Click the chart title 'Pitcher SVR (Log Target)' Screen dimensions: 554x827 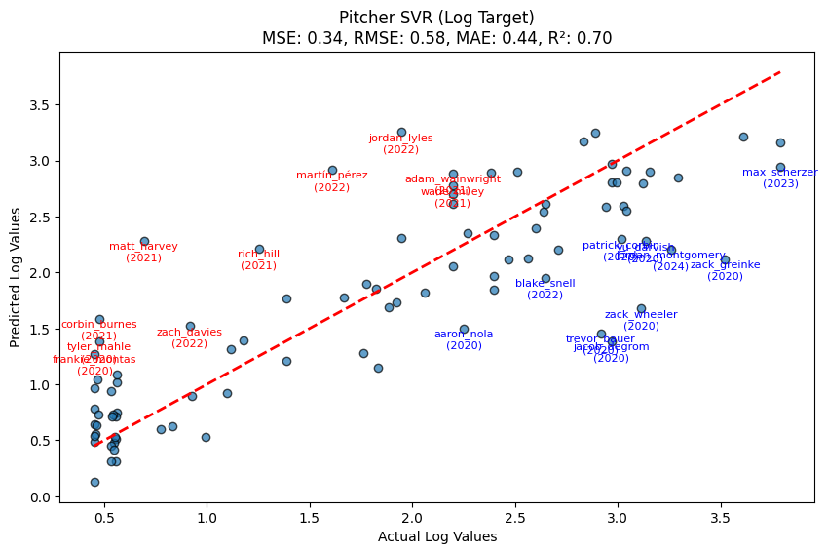(x=436, y=18)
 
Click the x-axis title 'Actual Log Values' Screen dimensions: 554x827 (x=436, y=536)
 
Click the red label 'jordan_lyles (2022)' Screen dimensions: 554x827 (x=400, y=144)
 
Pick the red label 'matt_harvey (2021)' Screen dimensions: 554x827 (x=143, y=253)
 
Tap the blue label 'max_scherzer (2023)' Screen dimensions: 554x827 (x=779, y=178)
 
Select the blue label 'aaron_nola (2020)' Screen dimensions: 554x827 (x=464, y=339)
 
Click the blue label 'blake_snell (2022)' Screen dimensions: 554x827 (x=545, y=289)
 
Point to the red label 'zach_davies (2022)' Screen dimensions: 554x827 (x=189, y=337)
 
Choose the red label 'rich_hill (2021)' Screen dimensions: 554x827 (x=258, y=259)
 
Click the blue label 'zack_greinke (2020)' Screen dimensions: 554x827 (x=725, y=270)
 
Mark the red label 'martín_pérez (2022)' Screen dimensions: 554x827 (x=331, y=181)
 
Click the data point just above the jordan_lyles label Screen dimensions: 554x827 (x=401, y=132)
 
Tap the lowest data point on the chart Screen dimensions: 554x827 (x=94, y=482)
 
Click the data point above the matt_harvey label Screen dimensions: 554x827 (x=144, y=241)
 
